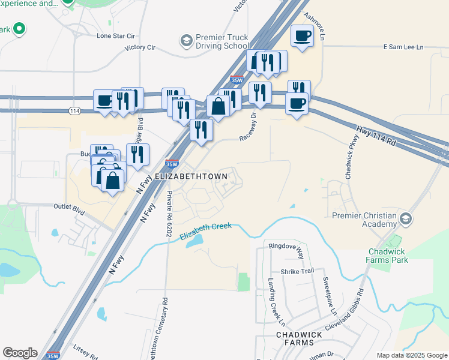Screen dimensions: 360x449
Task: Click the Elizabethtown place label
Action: pyautogui.click(x=191, y=176)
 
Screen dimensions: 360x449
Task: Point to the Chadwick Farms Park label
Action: pyautogui.click(x=387, y=256)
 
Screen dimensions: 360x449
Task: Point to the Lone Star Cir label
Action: pyautogui.click(x=117, y=35)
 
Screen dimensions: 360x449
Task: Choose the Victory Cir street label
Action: pyautogui.click(x=140, y=47)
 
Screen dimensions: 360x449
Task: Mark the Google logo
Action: pyautogui.click(x=20, y=353)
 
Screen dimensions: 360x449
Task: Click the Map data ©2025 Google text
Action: pyautogui.click(x=411, y=355)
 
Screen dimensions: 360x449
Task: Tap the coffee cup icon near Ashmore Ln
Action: pyautogui.click(x=301, y=35)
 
